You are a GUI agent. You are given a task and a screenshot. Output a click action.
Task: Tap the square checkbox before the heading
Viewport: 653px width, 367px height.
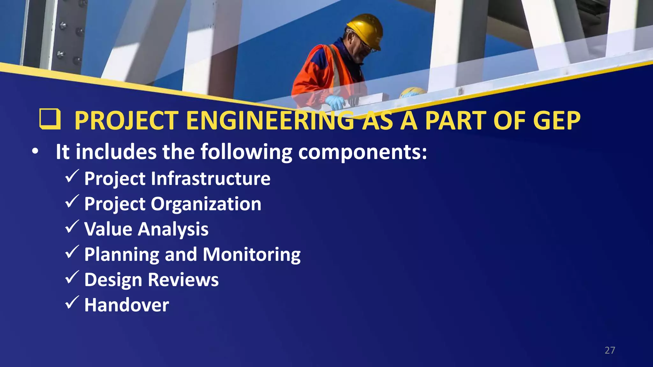tap(50, 119)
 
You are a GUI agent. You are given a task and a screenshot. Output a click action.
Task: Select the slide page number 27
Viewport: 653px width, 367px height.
tap(610, 350)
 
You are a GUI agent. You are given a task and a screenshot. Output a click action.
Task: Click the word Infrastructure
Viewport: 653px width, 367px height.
tap(210, 178)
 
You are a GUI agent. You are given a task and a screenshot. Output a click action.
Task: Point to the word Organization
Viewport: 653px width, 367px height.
tap(206, 204)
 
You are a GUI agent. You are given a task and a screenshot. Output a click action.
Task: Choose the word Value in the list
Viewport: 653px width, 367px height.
tap(108, 229)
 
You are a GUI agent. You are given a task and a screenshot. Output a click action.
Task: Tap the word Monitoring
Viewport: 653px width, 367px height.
tap(252, 255)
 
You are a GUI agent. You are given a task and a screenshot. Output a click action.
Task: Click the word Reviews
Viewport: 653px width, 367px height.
tap(183, 280)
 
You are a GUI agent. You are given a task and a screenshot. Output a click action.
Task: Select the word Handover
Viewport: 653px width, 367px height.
tap(127, 305)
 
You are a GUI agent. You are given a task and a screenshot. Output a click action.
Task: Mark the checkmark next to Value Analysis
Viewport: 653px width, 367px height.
tap(72, 227)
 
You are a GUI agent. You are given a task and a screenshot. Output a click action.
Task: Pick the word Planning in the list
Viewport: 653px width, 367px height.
tap(121, 255)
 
